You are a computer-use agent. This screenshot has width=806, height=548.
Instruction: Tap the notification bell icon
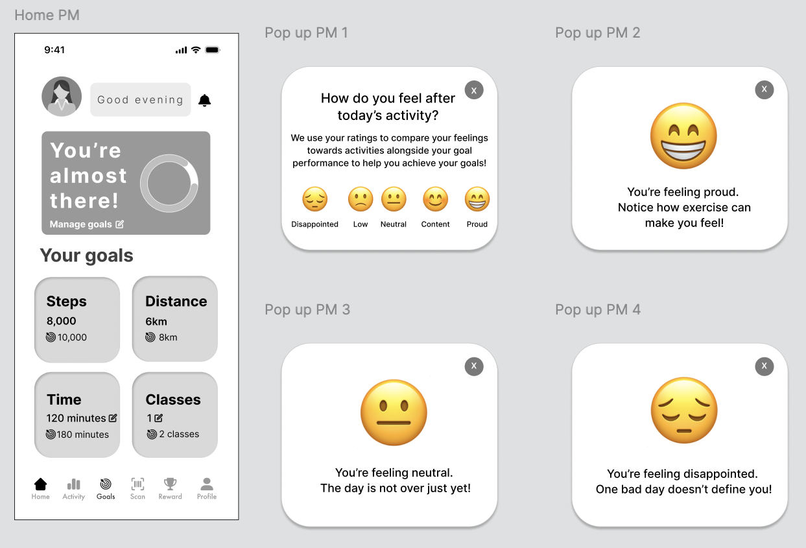pos(204,100)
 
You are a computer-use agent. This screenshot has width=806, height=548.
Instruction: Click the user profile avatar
pos(62,97)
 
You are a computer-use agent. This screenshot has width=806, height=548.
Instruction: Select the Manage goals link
pos(87,224)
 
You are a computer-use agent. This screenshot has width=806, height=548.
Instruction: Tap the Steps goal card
pos(77,320)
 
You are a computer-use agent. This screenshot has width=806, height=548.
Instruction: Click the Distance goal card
pos(175,319)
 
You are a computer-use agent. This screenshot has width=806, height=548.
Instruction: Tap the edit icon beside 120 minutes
pos(113,418)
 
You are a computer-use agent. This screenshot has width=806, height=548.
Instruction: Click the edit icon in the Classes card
pos(158,418)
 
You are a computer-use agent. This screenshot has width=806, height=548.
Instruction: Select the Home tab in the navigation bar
pos(40,488)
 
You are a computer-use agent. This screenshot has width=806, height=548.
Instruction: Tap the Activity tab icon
pos(73,484)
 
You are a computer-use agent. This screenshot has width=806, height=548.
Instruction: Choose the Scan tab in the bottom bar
pos(137,488)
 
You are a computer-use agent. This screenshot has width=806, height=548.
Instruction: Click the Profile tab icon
pos(207,484)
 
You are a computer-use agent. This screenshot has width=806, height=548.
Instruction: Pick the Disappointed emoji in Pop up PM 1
pos(315,199)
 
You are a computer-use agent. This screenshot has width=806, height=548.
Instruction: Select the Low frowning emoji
pos(360,199)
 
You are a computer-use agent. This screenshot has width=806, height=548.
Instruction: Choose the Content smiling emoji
pos(435,199)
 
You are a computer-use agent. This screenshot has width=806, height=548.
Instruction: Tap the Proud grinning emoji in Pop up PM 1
pos(477,199)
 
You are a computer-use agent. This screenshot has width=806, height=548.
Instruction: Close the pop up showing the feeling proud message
pos(765,89)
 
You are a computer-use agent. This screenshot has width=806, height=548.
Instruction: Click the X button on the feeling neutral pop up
pos(474,366)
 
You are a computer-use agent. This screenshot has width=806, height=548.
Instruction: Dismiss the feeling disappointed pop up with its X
pos(765,366)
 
